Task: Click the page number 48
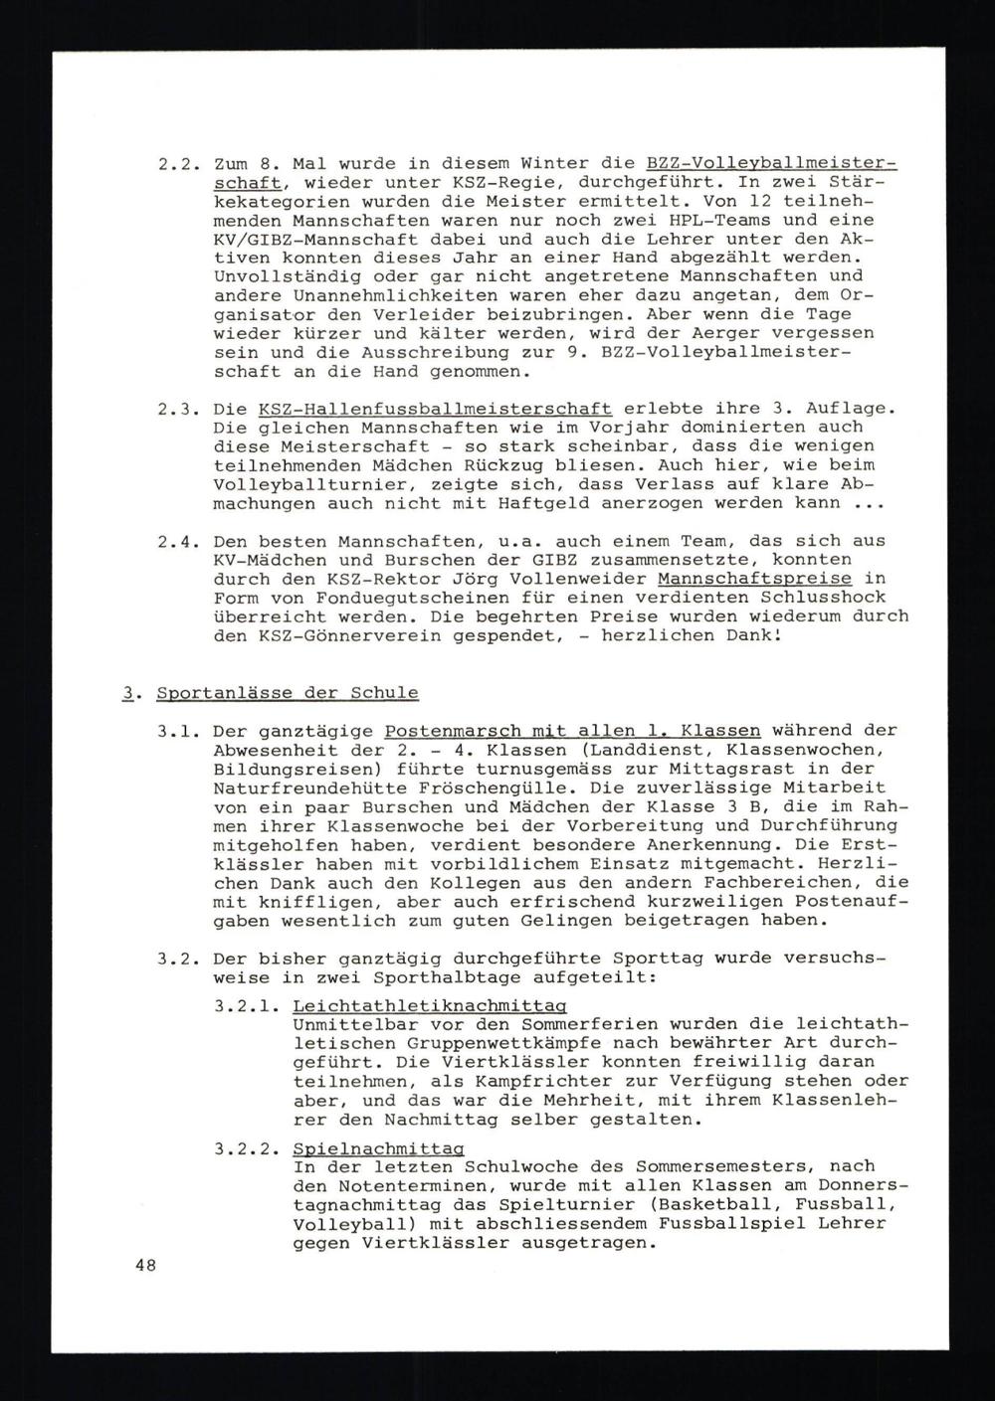146,1265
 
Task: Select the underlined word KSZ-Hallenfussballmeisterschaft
434,409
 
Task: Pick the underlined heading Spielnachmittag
378,1148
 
